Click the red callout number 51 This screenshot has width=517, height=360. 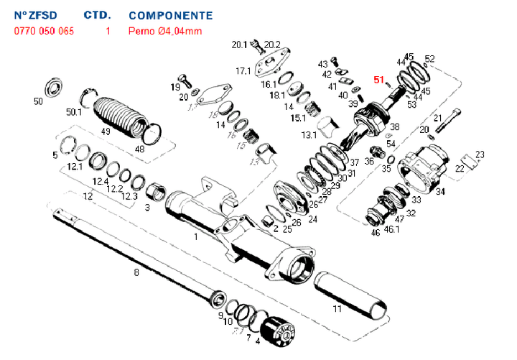tap(379, 80)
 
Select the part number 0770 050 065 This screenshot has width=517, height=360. tap(44, 31)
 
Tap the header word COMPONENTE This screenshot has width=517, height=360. tap(170, 15)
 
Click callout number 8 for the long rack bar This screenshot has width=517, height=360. tap(136, 273)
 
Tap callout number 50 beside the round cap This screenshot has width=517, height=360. tap(39, 101)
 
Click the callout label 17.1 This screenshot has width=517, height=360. tap(243, 71)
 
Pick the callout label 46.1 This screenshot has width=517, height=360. tap(391, 230)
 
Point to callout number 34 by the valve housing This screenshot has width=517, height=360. tap(440, 191)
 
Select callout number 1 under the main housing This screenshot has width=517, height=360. tap(195, 235)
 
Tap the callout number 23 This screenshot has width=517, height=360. tap(480, 154)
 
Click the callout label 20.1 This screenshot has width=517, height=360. tap(239, 45)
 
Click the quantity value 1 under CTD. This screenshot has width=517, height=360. tap(108, 31)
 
